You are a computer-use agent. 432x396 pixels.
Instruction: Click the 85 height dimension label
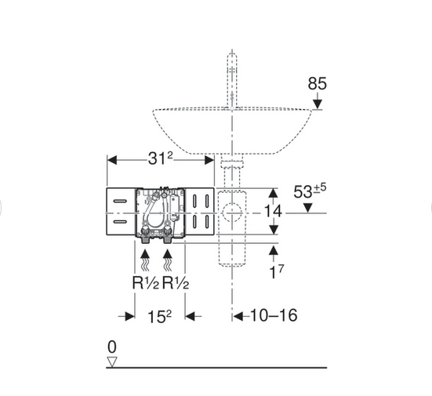click(317, 83)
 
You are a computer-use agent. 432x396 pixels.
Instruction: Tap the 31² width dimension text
click(161, 158)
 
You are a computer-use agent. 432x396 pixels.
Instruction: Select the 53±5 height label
click(310, 191)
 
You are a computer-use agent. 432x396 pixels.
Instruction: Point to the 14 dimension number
click(273, 212)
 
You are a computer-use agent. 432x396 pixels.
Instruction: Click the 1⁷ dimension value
click(276, 272)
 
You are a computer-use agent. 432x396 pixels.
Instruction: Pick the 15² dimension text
click(159, 316)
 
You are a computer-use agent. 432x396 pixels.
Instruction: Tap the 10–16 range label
click(274, 315)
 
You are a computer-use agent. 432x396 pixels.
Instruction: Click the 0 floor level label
click(112, 347)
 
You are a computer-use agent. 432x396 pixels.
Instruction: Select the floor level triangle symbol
click(112, 361)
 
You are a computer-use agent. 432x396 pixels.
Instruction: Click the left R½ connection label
click(146, 283)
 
